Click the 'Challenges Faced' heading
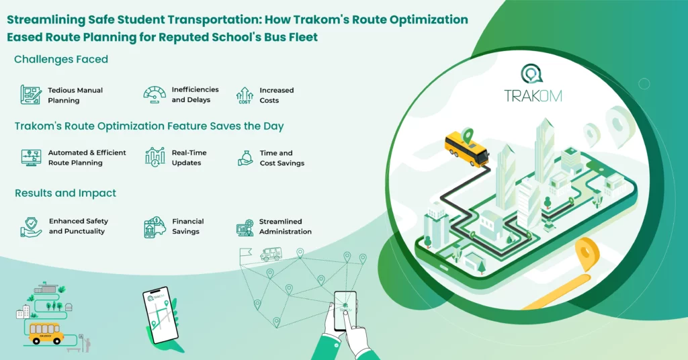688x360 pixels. point(61,60)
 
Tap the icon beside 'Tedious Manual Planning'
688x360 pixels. point(31,95)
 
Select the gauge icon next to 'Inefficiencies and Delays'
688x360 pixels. point(155,94)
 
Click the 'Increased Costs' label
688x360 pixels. point(277,95)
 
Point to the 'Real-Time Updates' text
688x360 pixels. point(189,158)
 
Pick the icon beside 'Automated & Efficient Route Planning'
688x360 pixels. point(31,158)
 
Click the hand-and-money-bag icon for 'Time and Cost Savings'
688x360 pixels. point(245,158)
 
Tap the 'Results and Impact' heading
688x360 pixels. point(65,193)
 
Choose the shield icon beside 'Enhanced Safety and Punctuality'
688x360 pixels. point(31,227)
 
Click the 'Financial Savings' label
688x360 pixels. point(188,226)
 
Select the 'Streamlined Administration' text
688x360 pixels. point(285,226)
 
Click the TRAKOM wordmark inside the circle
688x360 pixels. point(533,95)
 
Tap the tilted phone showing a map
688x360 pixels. point(159,315)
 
